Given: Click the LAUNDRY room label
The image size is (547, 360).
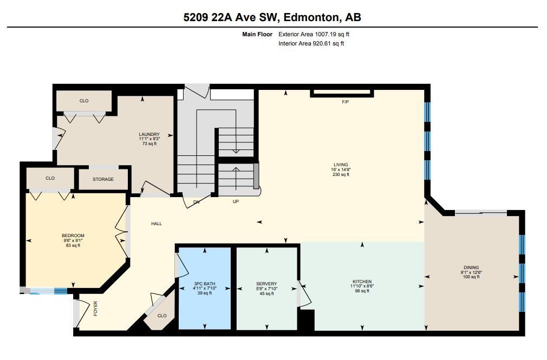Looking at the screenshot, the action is [x=149, y=134].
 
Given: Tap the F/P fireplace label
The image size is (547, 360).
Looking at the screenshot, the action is [x=346, y=102].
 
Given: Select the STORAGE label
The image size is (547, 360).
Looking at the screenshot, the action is [x=103, y=179].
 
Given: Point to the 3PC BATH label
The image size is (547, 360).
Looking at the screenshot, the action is [x=204, y=284].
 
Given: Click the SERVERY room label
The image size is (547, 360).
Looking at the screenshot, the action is [x=266, y=284].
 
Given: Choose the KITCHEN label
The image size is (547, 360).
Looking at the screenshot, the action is [x=362, y=282].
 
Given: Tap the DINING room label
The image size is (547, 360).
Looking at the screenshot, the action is [x=471, y=267].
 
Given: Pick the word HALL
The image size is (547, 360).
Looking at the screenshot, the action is [x=157, y=224].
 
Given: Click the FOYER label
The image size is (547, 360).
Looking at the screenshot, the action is [x=95, y=309].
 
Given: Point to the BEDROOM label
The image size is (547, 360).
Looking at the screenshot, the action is [x=73, y=236].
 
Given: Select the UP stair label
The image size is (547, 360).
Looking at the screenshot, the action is [x=236, y=201].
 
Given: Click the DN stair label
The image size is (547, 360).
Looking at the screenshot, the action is [x=197, y=201].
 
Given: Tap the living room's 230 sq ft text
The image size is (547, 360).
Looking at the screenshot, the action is [x=341, y=174].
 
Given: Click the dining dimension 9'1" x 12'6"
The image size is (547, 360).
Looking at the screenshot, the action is [x=471, y=272].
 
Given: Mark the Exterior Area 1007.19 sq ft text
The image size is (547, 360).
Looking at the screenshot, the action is [x=314, y=34].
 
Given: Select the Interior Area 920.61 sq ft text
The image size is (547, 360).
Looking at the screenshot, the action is [x=311, y=44].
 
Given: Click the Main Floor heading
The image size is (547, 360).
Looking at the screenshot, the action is [x=257, y=34].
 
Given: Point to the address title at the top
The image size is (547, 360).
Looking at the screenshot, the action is [x=272, y=17].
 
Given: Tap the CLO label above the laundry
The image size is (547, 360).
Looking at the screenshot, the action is [x=84, y=101].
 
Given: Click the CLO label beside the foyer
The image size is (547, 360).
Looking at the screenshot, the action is [x=162, y=316].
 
